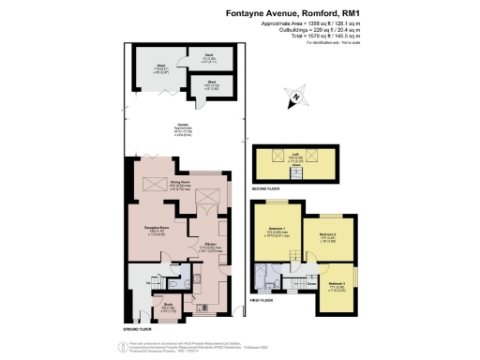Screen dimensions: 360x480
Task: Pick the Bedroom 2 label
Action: [327, 234]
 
